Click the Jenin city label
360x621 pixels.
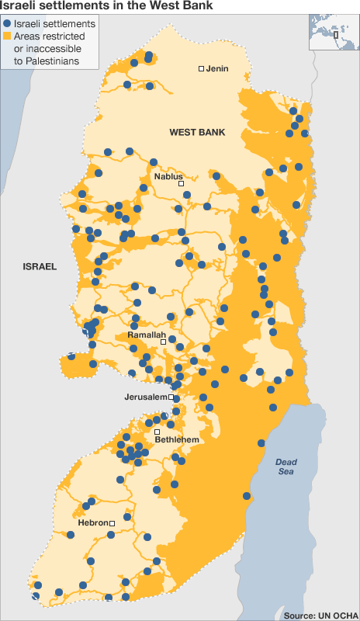point(218,68)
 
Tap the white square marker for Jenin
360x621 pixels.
point(201,69)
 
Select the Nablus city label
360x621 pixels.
point(168,176)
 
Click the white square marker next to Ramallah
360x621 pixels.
point(163,342)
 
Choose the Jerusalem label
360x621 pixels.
point(145,397)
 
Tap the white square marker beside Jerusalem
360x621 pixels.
point(171,397)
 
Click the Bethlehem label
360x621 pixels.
point(178,440)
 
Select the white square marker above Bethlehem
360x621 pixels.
point(157,432)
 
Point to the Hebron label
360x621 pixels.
point(93,523)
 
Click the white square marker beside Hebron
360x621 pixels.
point(112,523)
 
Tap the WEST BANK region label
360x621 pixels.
point(197,133)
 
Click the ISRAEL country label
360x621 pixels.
point(40,266)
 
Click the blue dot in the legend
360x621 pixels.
point(7,24)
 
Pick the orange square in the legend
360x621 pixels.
point(7,36)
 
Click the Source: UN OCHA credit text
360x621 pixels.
point(320,615)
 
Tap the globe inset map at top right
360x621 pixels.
point(334,31)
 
